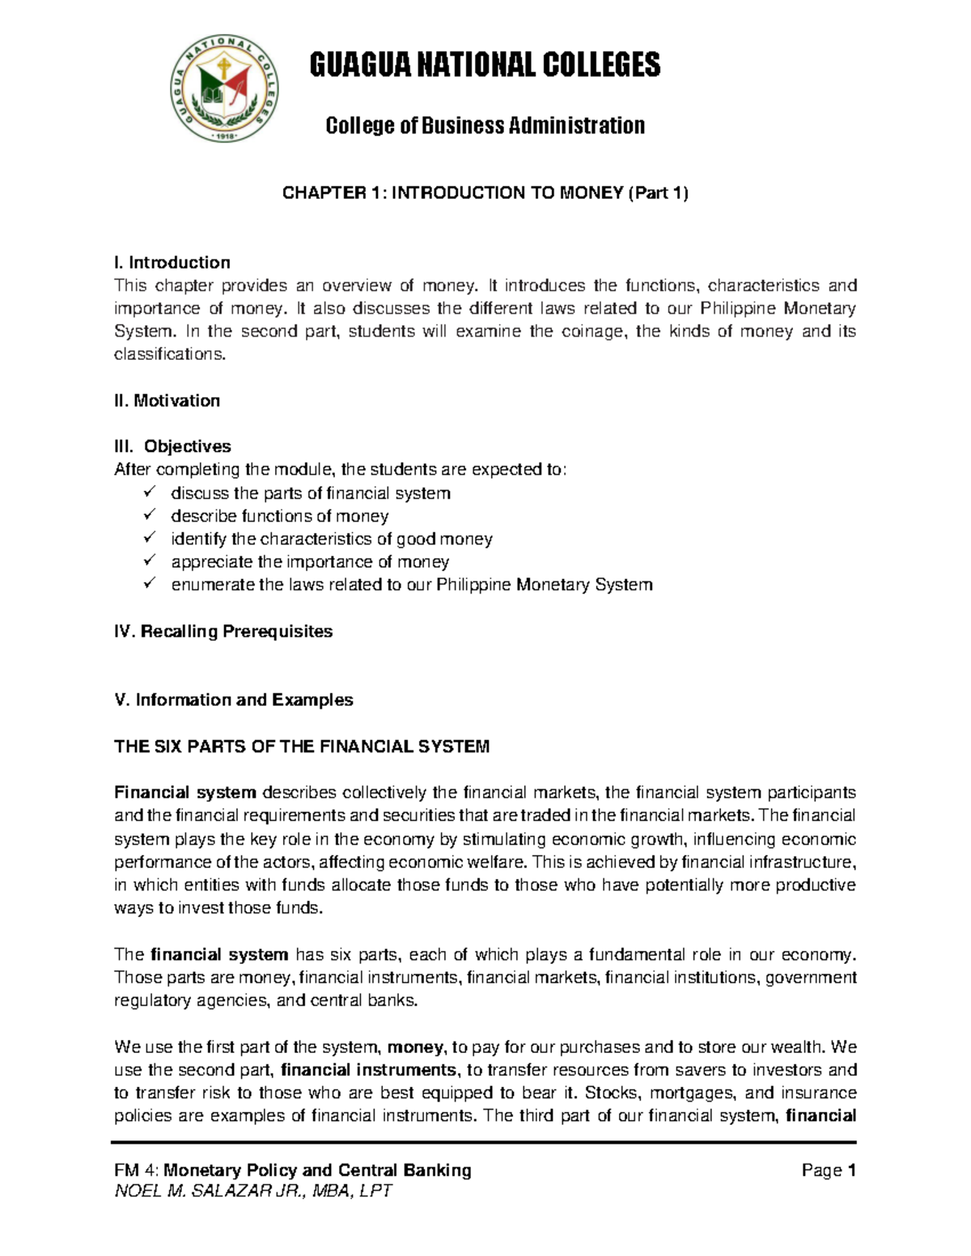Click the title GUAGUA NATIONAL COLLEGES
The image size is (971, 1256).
click(485, 65)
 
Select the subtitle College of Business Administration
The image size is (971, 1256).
click(485, 126)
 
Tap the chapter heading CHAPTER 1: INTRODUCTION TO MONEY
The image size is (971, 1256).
click(485, 192)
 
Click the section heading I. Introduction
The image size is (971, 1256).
click(172, 262)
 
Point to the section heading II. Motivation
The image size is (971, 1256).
click(167, 400)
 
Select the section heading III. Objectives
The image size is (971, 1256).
click(172, 446)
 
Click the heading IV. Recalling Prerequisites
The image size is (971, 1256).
click(223, 631)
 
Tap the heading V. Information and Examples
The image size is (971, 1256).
click(234, 700)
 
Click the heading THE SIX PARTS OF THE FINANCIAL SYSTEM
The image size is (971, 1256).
click(302, 746)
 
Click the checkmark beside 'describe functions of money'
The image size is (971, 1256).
click(149, 515)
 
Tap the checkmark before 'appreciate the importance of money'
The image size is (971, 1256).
click(149, 560)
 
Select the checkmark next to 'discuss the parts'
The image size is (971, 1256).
click(149, 492)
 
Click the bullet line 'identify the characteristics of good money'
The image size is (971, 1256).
click(331, 539)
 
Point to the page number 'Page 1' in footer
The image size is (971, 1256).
click(828, 1170)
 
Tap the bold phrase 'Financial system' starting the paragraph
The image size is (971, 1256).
click(185, 792)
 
